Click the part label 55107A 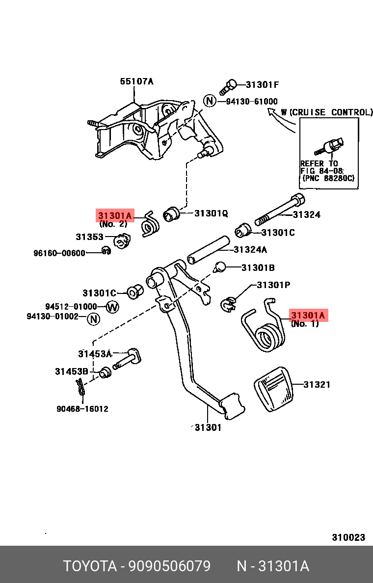(136, 81)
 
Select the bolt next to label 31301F (229, 87)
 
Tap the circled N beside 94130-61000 (210, 102)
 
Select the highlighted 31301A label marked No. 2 (115, 215)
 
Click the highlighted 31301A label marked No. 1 (309, 315)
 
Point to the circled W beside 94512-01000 (113, 307)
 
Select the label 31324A (250, 250)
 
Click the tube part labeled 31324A (208, 250)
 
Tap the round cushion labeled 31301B (220, 267)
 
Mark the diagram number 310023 (348, 537)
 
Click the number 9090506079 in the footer (169, 566)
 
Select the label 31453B (72, 371)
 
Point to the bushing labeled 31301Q (171, 214)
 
